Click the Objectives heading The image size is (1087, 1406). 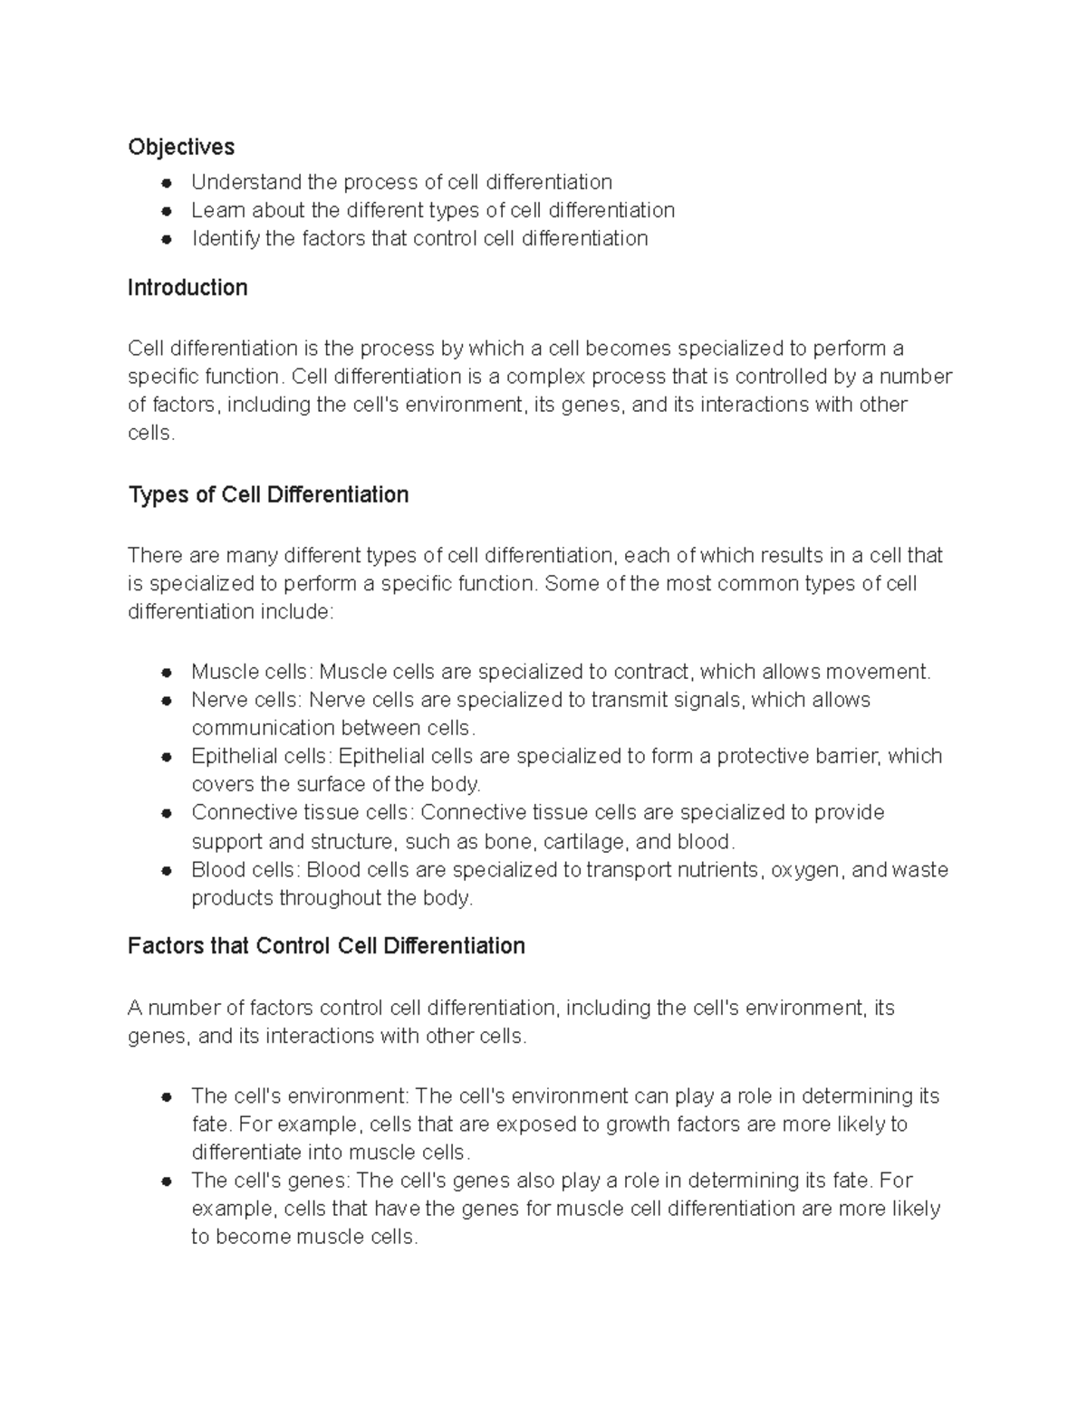coord(180,147)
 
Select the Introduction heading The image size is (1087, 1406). coord(187,288)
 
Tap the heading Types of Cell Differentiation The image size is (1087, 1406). coord(268,495)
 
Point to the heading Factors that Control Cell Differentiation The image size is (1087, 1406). coord(326,946)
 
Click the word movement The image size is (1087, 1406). coord(883,672)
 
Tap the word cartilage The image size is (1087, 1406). coord(584,842)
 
